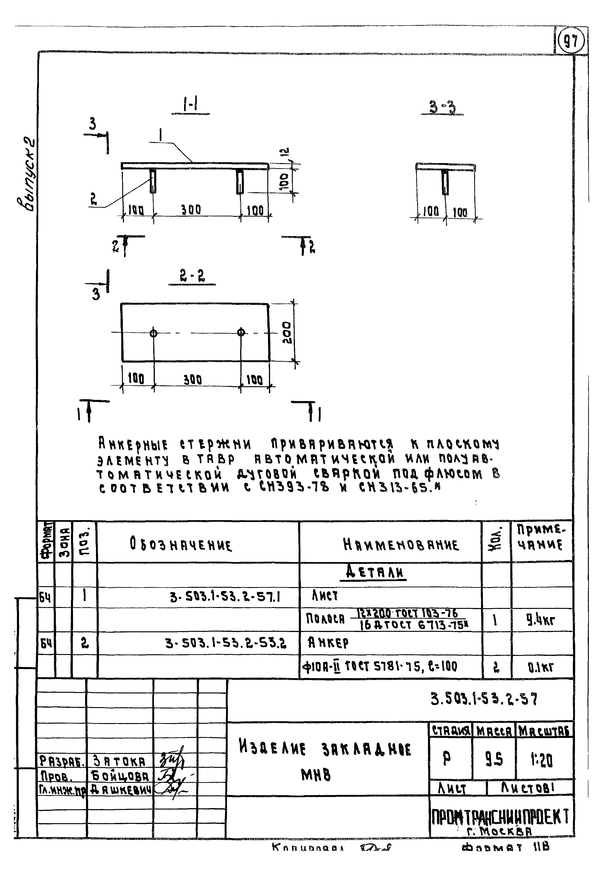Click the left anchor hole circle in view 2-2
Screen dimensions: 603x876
point(153,333)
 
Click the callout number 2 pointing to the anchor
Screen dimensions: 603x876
point(93,199)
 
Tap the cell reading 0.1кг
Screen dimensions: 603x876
point(541,667)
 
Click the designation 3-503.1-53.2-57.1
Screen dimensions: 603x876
point(225,597)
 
